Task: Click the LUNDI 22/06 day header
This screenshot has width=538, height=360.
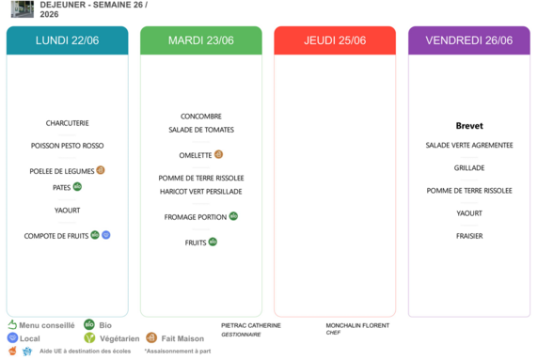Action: pyautogui.click(x=68, y=40)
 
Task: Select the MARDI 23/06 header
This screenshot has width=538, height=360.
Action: pyautogui.click(x=201, y=40)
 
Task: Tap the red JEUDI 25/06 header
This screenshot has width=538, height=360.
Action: pyautogui.click(x=335, y=40)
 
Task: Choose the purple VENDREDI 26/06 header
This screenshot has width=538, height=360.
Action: pyautogui.click(x=469, y=40)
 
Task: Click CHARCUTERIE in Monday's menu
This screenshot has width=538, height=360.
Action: pyautogui.click(x=68, y=123)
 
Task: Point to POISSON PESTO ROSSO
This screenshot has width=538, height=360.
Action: pyautogui.click(x=68, y=146)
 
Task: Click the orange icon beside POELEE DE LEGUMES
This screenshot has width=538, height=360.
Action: pyautogui.click(x=101, y=170)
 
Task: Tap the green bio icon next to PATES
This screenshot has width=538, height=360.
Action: pyautogui.click(x=77, y=186)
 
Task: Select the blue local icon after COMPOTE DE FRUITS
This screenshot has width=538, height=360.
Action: pyautogui.click(x=106, y=235)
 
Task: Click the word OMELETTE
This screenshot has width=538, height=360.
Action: pyautogui.click(x=196, y=155)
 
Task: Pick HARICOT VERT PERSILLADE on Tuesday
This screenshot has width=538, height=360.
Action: pyautogui.click(x=201, y=192)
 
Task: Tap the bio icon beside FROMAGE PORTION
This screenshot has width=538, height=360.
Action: pyautogui.click(x=233, y=216)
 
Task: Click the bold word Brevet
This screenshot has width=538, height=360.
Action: pyautogui.click(x=469, y=126)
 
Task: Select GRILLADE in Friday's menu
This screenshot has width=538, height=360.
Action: pyautogui.click(x=469, y=168)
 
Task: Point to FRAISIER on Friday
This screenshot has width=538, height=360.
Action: pyautogui.click(x=469, y=236)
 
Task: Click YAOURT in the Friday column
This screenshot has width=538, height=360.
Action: pyautogui.click(x=469, y=213)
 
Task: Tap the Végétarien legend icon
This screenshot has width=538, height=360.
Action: pyautogui.click(x=89, y=337)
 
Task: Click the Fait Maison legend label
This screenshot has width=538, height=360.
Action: pyautogui.click(x=182, y=338)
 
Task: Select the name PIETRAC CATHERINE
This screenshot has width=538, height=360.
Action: pyautogui.click(x=251, y=325)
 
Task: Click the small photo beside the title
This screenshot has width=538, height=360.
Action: pyautogui.click(x=23, y=8)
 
